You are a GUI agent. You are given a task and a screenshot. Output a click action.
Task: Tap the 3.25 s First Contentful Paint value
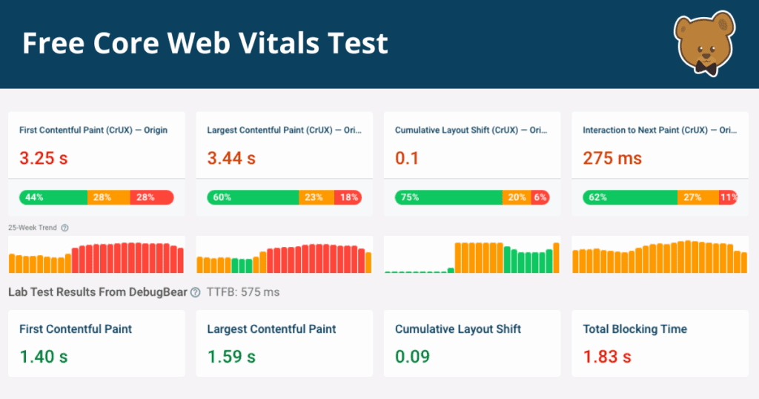pos(43,158)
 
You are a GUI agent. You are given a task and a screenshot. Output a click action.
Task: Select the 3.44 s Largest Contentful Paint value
pos(231,158)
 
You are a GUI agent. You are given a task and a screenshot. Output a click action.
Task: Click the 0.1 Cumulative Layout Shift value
pos(407,158)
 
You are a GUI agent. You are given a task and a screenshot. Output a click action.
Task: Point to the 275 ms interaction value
pos(612,158)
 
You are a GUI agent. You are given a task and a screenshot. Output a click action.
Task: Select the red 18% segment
pos(348,197)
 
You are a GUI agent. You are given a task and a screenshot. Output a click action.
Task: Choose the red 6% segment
pos(540,197)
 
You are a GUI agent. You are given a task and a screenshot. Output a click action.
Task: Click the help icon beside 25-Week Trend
pos(64,228)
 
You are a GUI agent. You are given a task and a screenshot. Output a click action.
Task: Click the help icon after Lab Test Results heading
pos(195,292)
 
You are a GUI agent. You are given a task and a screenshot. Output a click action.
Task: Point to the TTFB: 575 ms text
pos(243,292)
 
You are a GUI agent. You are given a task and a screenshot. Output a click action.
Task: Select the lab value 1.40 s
pos(43,357)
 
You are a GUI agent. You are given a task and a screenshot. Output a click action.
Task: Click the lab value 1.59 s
pos(231,357)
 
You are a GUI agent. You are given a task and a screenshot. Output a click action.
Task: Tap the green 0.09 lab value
pos(412,357)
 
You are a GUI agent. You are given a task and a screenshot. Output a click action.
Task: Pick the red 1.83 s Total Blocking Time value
pos(607,357)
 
